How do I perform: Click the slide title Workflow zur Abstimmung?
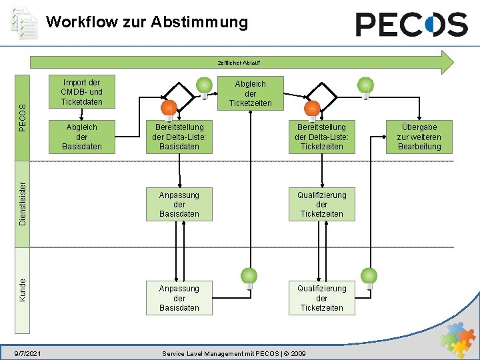point(147,22)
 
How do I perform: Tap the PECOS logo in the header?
point(411,25)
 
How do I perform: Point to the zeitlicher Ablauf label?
point(239,62)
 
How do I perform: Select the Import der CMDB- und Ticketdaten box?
point(81,92)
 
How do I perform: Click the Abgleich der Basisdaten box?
point(81,136)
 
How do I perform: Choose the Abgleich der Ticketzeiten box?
point(250,93)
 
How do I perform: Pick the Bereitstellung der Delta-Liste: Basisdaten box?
point(179,136)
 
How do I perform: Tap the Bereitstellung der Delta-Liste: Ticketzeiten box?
point(321,136)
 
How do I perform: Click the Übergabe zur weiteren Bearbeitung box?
point(419,136)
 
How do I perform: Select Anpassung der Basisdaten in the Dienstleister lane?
point(179,205)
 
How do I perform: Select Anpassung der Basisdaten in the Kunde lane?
point(179,298)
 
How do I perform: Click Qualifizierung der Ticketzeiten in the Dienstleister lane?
point(321,205)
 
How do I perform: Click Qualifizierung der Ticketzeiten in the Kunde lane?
point(321,298)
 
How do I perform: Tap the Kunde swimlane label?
point(23,289)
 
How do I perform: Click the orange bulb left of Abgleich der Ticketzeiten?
point(169,109)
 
